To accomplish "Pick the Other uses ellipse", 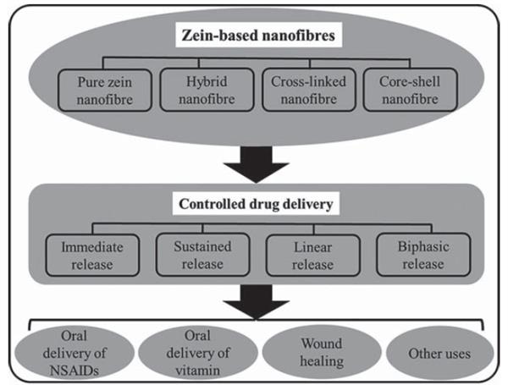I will tap(429, 349).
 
